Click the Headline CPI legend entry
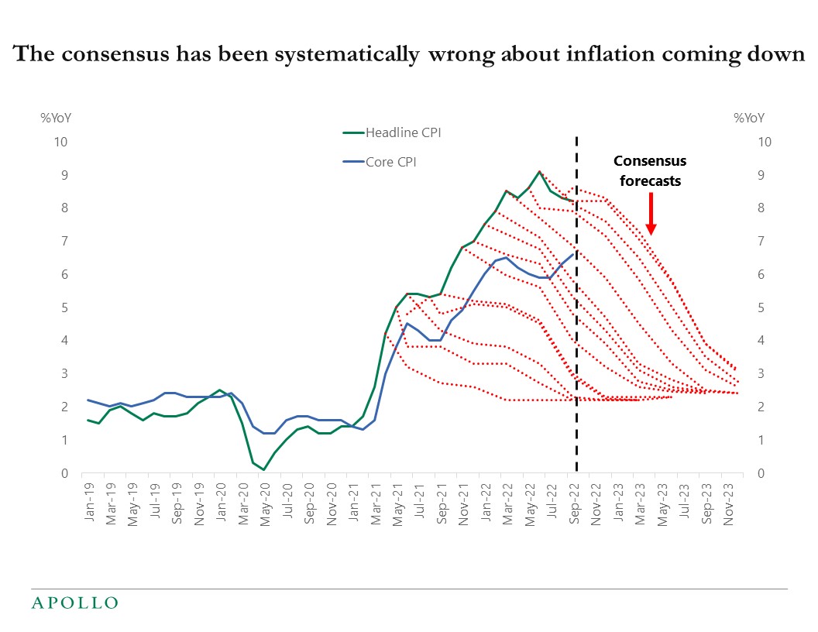coord(403,132)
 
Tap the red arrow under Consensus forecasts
coord(651,213)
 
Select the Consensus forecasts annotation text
coord(650,170)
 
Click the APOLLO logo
coord(74,603)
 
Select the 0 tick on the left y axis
coord(64,473)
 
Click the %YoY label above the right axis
coord(748,118)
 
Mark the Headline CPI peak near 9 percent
coord(539,172)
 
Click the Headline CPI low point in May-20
coord(263,469)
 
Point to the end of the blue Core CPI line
coord(573,254)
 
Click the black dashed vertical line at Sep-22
coord(576,349)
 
